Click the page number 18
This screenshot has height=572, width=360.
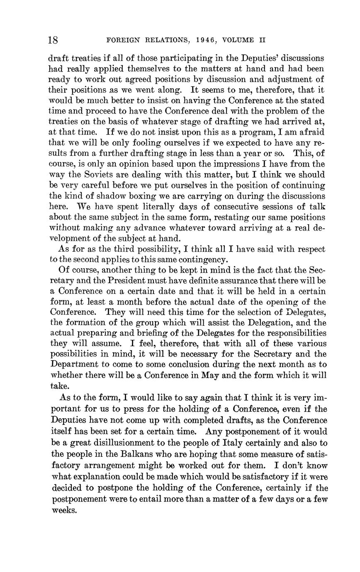pos(53,40)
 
